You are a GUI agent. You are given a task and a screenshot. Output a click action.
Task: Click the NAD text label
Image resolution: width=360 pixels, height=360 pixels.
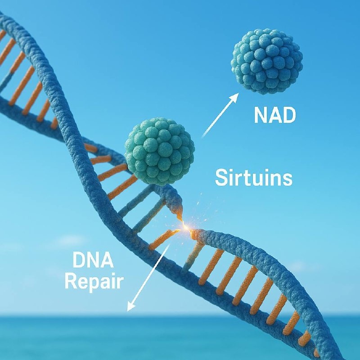[x=274, y=115]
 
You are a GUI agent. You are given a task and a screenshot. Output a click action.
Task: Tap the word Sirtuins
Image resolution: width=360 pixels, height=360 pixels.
[x=253, y=178]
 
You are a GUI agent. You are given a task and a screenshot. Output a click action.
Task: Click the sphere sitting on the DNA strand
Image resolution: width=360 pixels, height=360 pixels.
[x=159, y=152]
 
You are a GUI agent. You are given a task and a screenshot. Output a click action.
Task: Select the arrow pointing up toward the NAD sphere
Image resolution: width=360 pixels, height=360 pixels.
[x=219, y=115]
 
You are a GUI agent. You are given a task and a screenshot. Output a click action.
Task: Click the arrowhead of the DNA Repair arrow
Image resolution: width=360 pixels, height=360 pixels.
[x=130, y=308]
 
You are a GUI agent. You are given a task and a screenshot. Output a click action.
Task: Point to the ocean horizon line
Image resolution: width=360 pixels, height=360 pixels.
[x=45, y=316]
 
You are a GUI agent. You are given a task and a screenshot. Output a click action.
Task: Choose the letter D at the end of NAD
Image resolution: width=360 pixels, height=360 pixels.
[x=289, y=115]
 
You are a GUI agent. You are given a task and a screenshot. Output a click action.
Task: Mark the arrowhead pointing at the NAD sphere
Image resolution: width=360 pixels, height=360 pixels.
[x=236, y=96]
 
